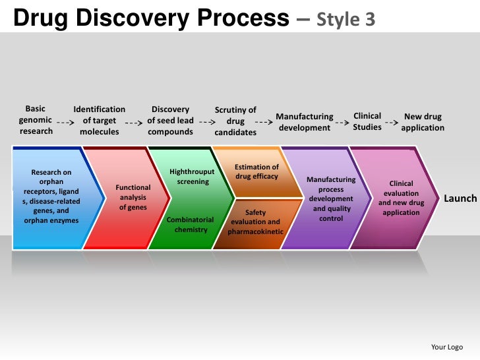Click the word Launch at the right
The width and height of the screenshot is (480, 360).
pyautogui.click(x=460, y=198)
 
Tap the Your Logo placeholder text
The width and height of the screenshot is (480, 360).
pyautogui.click(x=446, y=347)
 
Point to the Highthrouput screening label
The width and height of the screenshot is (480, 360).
pyautogui.click(x=193, y=176)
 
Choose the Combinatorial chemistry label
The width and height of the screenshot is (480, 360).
pyautogui.click(x=191, y=225)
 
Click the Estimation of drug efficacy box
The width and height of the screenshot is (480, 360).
pyautogui.click(x=256, y=172)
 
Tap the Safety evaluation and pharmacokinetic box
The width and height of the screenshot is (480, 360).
pyautogui.click(x=255, y=222)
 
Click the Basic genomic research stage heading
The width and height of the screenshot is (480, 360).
pyautogui.click(x=36, y=120)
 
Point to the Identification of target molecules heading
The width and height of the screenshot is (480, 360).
pyautogui.click(x=99, y=121)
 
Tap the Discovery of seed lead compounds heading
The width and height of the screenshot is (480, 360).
pyautogui.click(x=170, y=121)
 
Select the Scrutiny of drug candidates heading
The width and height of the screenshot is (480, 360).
pyautogui.click(x=235, y=121)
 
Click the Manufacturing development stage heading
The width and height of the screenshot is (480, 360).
pyautogui.click(x=305, y=122)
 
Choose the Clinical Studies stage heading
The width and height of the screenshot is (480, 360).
pyautogui.click(x=367, y=121)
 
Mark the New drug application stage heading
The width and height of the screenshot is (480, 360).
pyautogui.click(x=423, y=122)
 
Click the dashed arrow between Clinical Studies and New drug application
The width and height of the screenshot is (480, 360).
pyautogui.click(x=392, y=123)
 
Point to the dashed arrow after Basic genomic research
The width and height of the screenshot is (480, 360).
pyautogui.click(x=65, y=123)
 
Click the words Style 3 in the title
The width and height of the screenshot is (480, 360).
pyautogui.click(x=346, y=20)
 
